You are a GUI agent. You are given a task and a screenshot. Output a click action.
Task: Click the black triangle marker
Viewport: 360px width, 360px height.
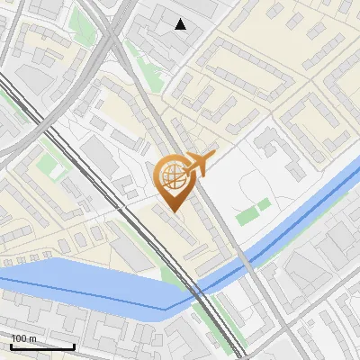point(181,24)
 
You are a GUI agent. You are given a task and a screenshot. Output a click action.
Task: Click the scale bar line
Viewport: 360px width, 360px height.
point(42,346)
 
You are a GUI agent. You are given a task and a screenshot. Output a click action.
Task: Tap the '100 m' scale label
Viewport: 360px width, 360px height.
point(24,338)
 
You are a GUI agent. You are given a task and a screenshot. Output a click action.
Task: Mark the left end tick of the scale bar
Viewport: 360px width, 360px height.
point(11,345)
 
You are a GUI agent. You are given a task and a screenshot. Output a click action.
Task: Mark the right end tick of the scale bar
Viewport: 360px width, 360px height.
point(74,345)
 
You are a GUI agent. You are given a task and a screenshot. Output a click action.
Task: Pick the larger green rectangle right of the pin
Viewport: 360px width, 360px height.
point(246,216)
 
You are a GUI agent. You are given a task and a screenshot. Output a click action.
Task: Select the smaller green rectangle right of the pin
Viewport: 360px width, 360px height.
point(265,206)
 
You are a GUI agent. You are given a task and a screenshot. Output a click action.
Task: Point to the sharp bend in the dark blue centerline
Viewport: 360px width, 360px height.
point(166,309)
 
